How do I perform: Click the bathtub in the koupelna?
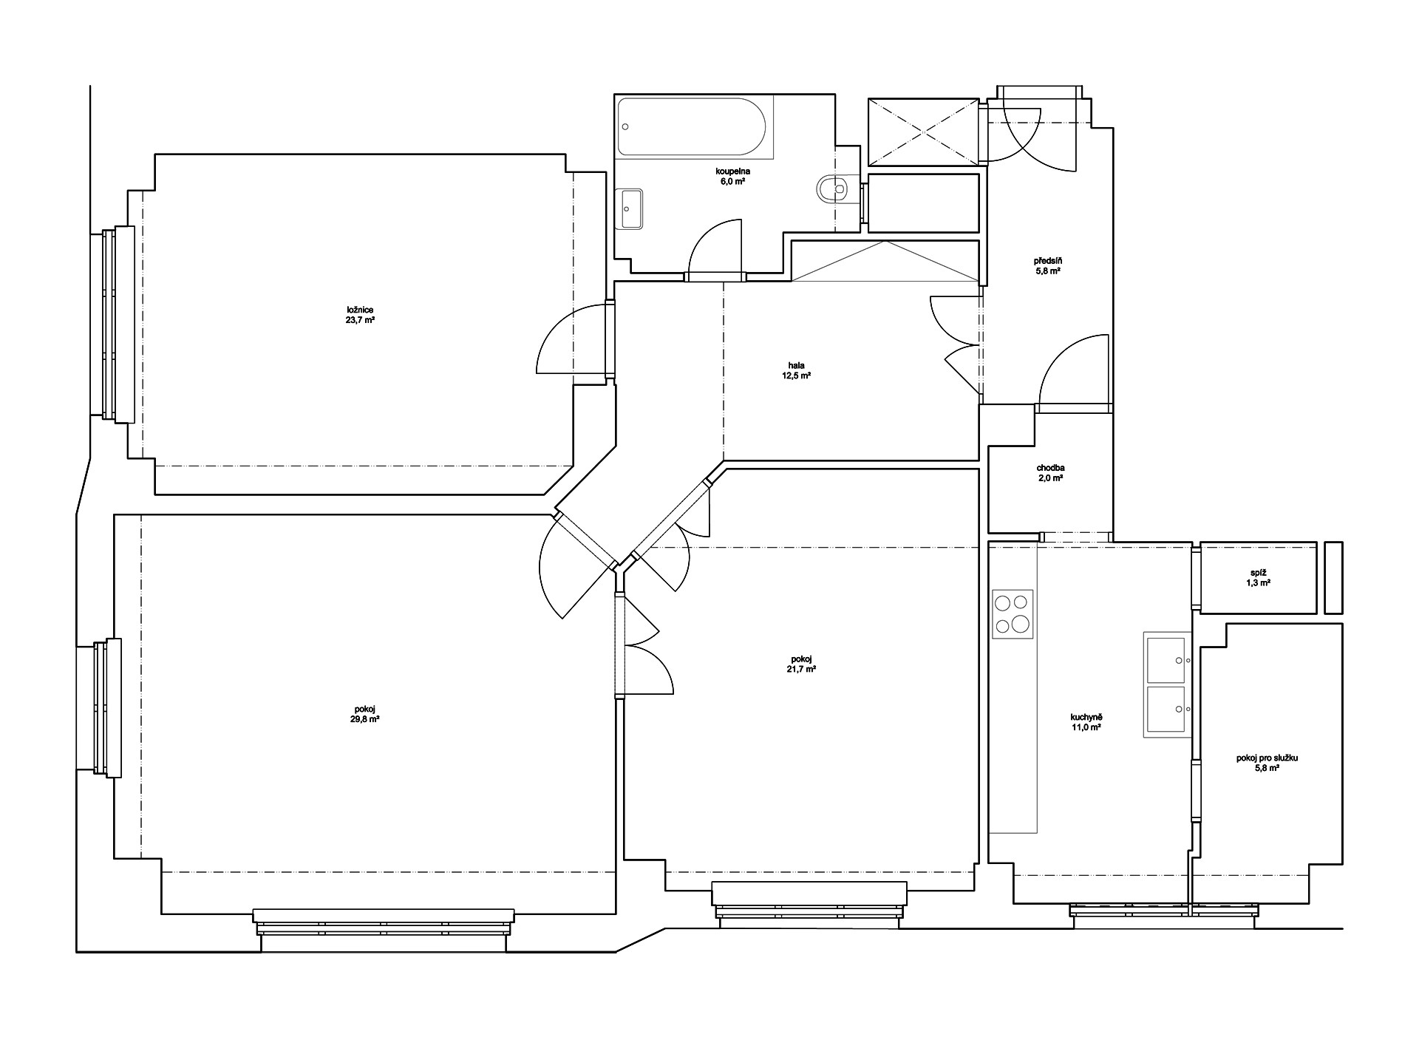pyautogui.click(x=695, y=126)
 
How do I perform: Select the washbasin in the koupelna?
pyautogui.click(x=630, y=209)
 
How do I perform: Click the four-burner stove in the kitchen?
pyautogui.click(x=1013, y=613)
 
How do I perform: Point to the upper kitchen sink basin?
pyautogui.click(x=1168, y=659)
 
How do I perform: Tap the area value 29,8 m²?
pyautogui.click(x=365, y=718)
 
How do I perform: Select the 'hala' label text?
pyautogui.click(x=796, y=364)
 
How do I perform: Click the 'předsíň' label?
pyautogui.click(x=1048, y=261)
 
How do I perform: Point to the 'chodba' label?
pyautogui.click(x=1050, y=468)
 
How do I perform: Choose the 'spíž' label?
pyautogui.click(x=1258, y=573)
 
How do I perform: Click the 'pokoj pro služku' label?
pyautogui.click(x=1267, y=758)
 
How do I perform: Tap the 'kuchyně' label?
pyautogui.click(x=1086, y=717)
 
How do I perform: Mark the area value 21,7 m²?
pyautogui.click(x=801, y=669)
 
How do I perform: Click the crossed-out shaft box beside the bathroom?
pyautogui.click(x=924, y=132)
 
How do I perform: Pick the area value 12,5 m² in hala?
pyautogui.click(x=796, y=375)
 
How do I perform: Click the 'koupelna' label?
pyautogui.click(x=732, y=171)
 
